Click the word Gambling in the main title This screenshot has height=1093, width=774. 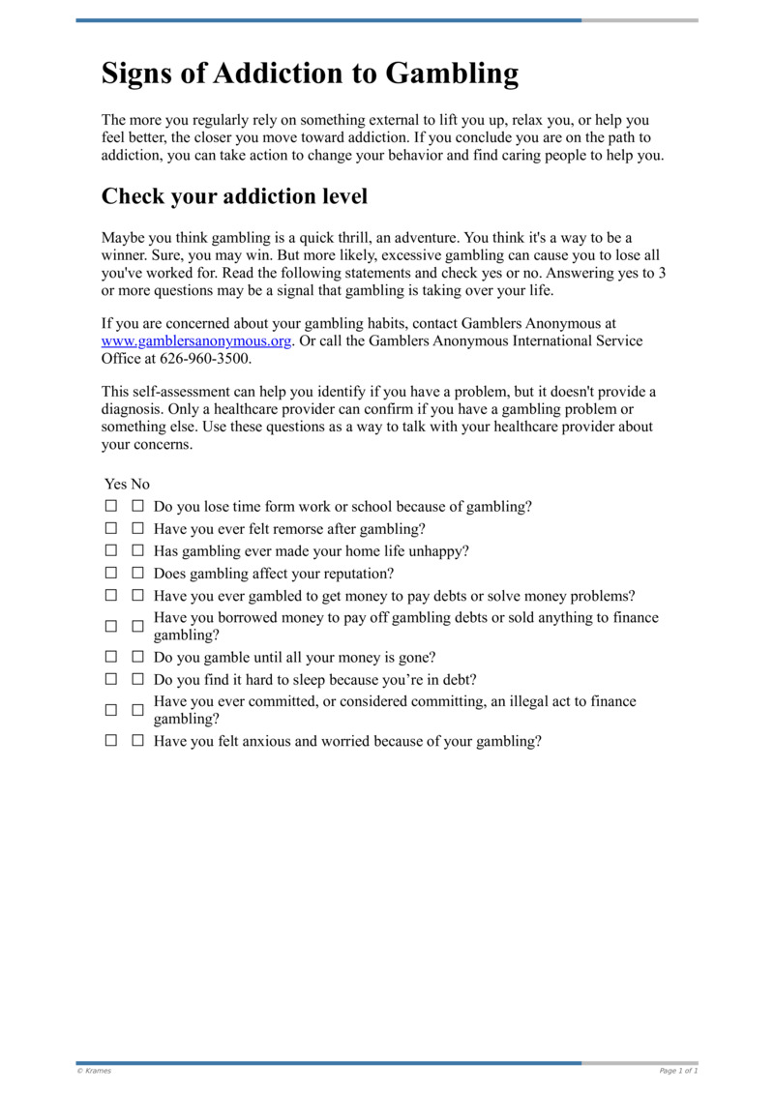coord(452,74)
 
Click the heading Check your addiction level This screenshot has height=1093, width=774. coord(234,196)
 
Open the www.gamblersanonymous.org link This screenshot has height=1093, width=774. coord(196,341)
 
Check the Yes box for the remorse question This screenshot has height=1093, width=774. coord(111,529)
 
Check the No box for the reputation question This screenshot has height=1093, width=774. coord(137,573)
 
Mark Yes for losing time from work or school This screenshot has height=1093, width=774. coord(111,506)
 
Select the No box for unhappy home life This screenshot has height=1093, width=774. coord(137,550)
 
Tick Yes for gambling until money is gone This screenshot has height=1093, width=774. coord(111,657)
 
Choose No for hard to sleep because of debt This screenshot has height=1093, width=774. coord(137,679)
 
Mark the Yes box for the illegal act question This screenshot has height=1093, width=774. coord(111,710)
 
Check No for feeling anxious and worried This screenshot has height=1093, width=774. coord(137,741)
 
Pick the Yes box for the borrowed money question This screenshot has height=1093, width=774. coord(111,626)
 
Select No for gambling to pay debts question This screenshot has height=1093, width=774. coord(137,596)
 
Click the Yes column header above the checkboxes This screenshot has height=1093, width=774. coord(115,484)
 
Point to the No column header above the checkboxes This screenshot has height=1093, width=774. coord(140,484)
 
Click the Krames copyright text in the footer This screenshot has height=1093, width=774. coord(95,1071)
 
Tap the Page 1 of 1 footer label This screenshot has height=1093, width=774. coord(678,1071)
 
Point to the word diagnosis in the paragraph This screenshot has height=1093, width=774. coord(134,409)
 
